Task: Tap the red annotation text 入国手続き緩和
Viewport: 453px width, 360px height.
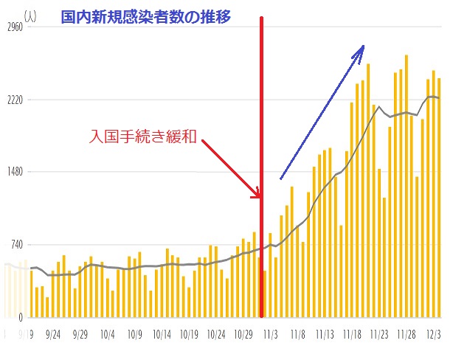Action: pos(142,136)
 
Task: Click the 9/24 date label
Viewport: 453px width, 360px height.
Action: pos(53,333)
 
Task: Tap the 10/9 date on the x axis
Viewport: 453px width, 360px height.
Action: pos(134,333)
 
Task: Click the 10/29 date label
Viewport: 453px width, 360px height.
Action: pos(243,333)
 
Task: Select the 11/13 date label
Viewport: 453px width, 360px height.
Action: pos(325,333)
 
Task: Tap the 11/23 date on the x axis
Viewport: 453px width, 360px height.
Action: pos(379,333)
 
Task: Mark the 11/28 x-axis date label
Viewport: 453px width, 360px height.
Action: pos(407,333)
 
